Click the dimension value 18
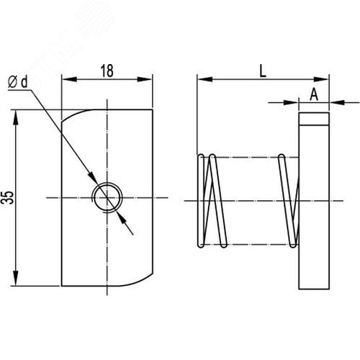(x=107, y=71)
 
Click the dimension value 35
(x=9, y=197)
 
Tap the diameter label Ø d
(x=18, y=82)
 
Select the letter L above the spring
(x=263, y=71)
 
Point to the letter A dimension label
(x=314, y=94)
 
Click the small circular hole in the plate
(x=107, y=198)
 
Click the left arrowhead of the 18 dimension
(x=69, y=79)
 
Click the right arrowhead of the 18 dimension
(x=145, y=79)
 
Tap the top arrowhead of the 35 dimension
(x=16, y=117)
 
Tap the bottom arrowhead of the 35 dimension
(x=16, y=278)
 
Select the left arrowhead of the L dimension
(x=204, y=79)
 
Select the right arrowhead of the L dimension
(x=321, y=79)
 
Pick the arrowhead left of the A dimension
(x=291, y=102)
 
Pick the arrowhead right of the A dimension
(x=338, y=102)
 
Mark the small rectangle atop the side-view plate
(x=314, y=119)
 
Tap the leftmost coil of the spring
(x=201, y=201)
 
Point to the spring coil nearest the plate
(x=288, y=201)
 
